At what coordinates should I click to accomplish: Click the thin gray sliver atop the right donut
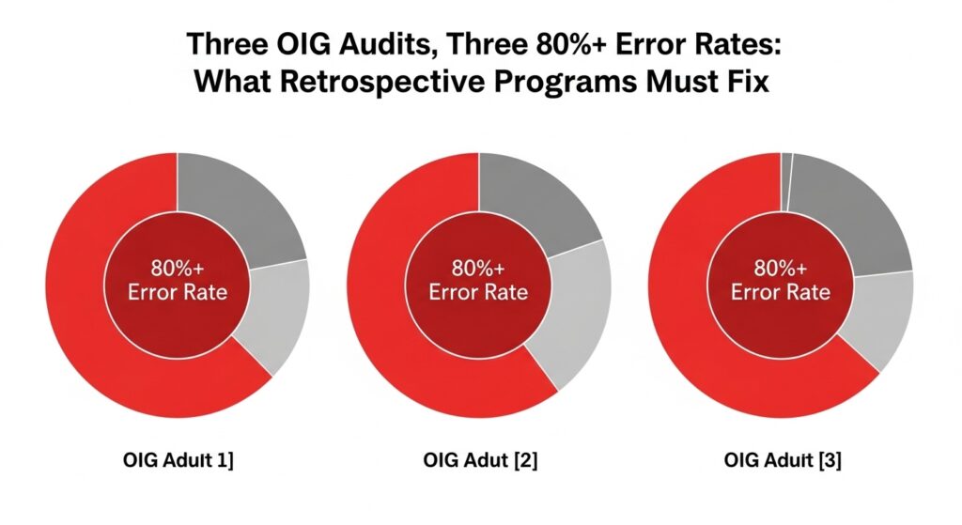pyautogui.click(x=787, y=165)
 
